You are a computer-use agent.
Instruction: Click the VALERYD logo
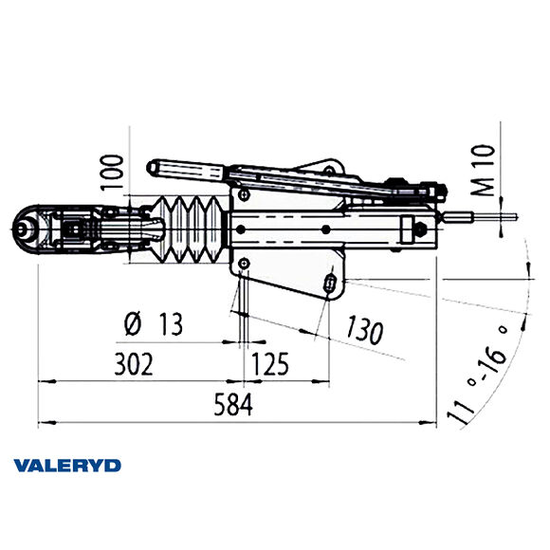pos(67,465)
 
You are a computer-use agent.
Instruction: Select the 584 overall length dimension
pos(233,406)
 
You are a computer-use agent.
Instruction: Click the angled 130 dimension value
pos(365,330)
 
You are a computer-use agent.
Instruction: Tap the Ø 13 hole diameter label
pos(153,325)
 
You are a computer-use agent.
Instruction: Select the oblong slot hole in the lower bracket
pos(329,284)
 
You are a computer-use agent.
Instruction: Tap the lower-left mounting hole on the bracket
pos(246,263)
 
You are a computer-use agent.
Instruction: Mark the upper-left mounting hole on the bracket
pos(246,193)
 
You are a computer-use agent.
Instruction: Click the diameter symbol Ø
pos(133,325)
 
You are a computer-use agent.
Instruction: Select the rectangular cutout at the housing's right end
pos(409,228)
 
